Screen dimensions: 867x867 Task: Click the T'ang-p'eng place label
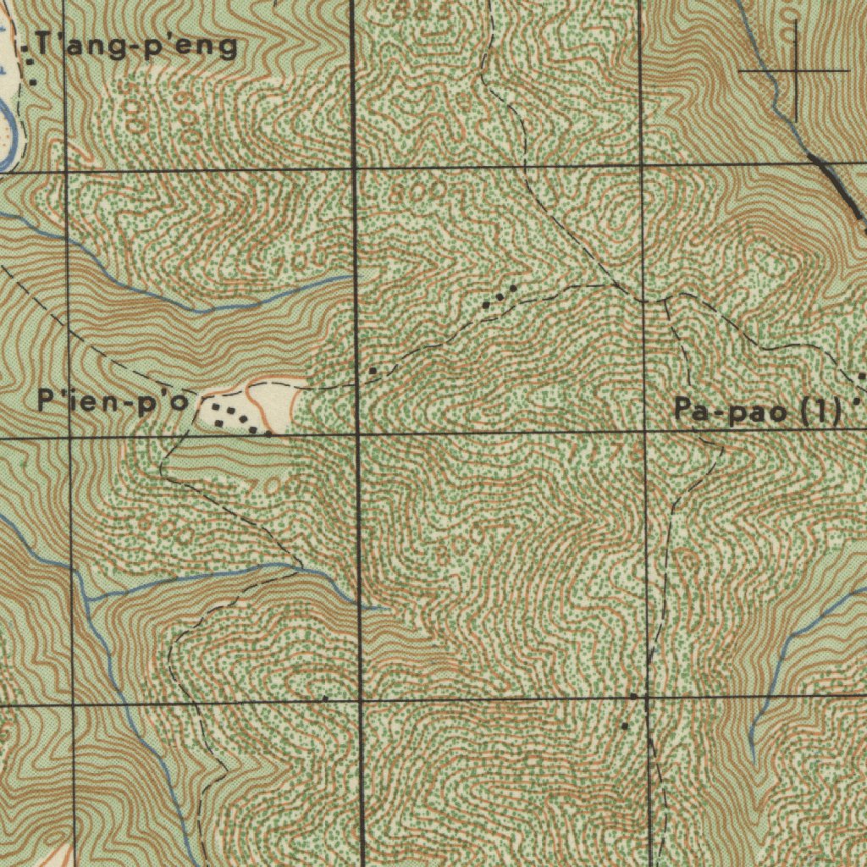coord(135,47)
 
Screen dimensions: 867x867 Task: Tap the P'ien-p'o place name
coord(113,401)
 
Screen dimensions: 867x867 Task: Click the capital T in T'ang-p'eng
coord(42,46)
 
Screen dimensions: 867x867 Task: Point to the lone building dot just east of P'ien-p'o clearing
coord(373,371)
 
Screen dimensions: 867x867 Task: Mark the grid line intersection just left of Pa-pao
coord(645,433)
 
